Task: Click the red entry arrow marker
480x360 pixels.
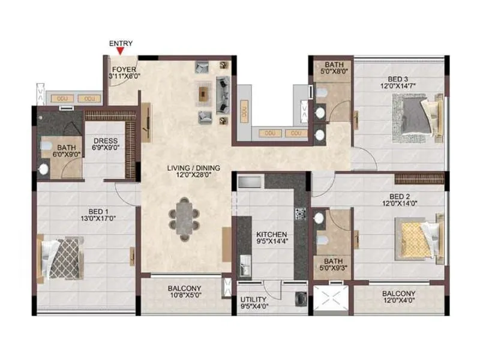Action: click(x=121, y=52)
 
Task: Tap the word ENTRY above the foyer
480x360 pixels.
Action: click(x=121, y=44)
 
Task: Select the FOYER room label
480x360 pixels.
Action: click(x=124, y=68)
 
